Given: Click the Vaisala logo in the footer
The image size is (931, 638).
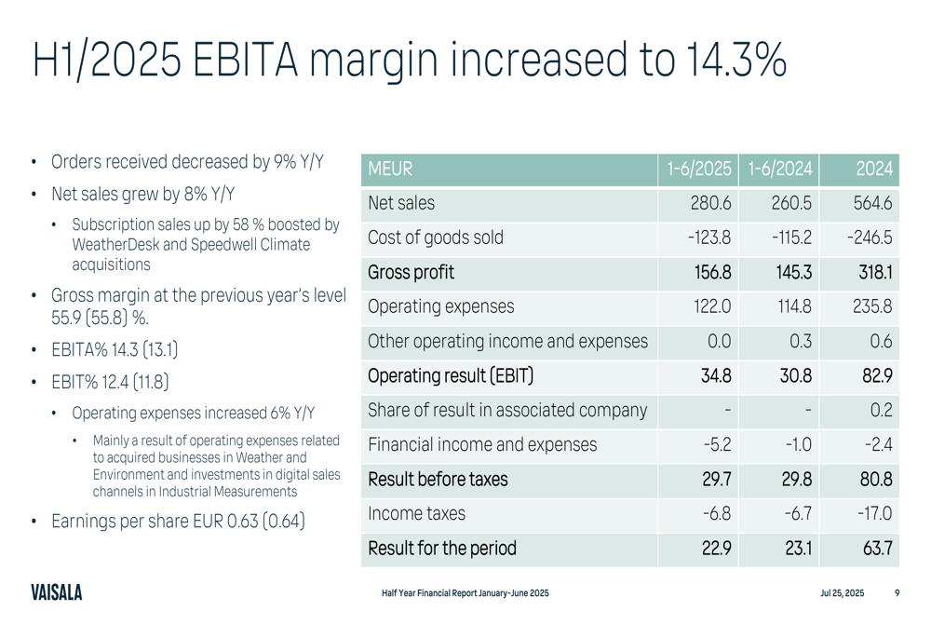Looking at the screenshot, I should coord(56,593).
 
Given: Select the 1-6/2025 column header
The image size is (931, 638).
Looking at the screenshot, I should coord(698,170).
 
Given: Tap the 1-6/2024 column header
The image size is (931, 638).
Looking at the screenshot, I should coord(779,170).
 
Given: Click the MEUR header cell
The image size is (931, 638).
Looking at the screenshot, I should coord(390,170).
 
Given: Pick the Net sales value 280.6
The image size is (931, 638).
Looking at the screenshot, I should coord(710,203).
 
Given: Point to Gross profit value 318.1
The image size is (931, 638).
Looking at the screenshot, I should coord(875,272).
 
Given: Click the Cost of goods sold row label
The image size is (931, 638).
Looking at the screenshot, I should coord(436,238).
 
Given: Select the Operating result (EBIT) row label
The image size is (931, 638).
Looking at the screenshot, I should coord(451,376).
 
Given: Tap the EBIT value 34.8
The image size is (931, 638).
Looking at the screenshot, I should coord(715,376).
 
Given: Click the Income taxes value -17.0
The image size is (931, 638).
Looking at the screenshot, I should coord(873,513).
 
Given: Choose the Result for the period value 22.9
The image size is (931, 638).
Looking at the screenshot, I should coord(716,549).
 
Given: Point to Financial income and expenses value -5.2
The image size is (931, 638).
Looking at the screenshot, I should coord(716,445).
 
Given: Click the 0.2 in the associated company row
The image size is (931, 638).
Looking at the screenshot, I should coord(882,411).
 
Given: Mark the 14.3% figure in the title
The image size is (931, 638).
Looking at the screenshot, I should coord(736,61).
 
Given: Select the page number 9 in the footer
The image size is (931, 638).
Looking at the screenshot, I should coord(897,593).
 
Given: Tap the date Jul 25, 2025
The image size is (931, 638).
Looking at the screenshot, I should coord(842,593).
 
